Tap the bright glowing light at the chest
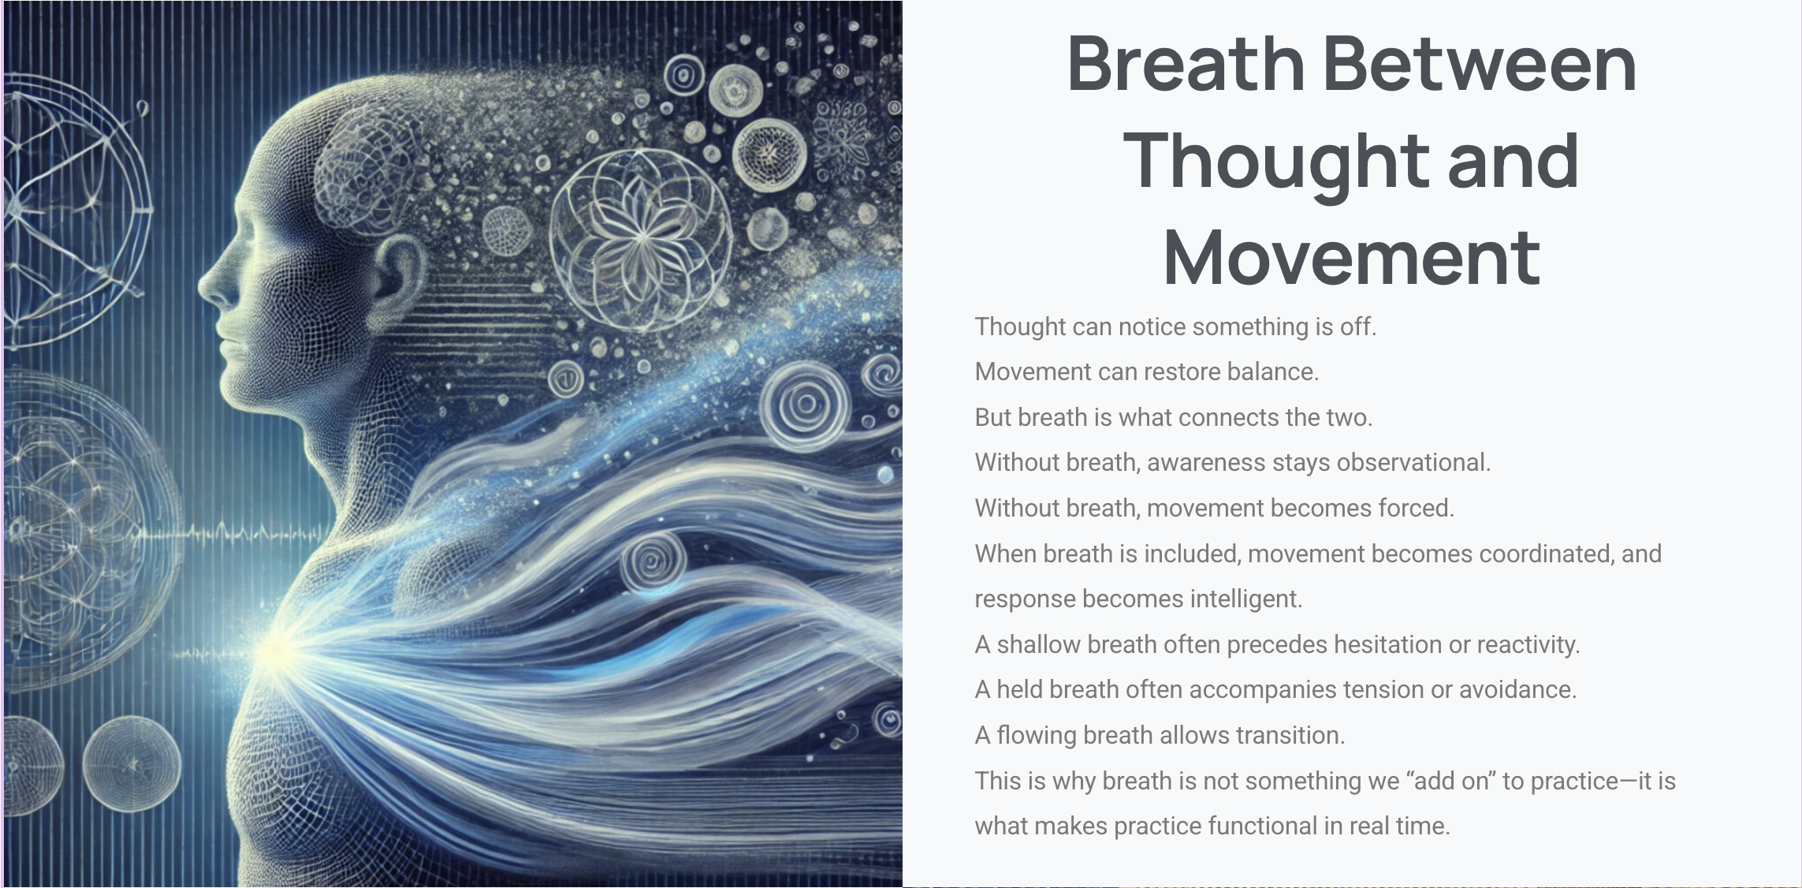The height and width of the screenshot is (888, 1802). click(275, 651)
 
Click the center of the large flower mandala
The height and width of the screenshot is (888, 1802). click(641, 235)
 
